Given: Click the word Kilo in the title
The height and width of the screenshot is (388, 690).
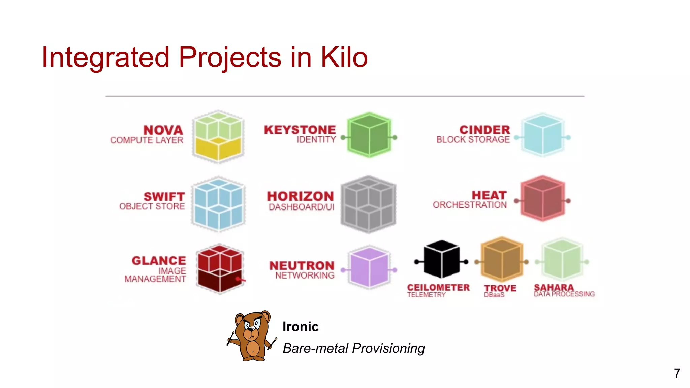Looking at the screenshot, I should coord(344,57).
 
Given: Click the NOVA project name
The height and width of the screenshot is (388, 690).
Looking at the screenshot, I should coord(163,130).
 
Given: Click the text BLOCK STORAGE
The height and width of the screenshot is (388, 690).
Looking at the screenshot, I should coord(473,139).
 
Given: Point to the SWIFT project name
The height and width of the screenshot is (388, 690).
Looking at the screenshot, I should coord(164,196).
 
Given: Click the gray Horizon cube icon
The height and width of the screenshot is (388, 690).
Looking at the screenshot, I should coord(369,204).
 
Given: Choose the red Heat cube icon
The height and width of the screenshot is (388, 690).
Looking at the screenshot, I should coord(542,199).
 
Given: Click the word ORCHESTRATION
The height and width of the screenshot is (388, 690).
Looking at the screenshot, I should coord(470,205).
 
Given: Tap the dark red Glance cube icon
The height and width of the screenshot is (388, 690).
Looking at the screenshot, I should coord(220,269).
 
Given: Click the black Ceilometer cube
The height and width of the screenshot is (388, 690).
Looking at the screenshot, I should coord(441,259).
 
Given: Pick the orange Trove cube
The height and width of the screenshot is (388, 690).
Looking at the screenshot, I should coord(502,259).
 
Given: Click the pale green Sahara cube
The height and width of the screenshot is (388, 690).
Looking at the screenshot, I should coord(562,259).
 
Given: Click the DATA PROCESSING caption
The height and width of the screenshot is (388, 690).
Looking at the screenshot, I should coord(564,294).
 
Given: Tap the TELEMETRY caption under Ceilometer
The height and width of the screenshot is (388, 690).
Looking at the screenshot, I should coord(426,295).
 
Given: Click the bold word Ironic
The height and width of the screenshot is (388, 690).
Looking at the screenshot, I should coord(301,327).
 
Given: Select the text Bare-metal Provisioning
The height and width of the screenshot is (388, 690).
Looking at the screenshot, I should coord(353,348).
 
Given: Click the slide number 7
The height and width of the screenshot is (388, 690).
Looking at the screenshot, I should coord(677,373).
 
